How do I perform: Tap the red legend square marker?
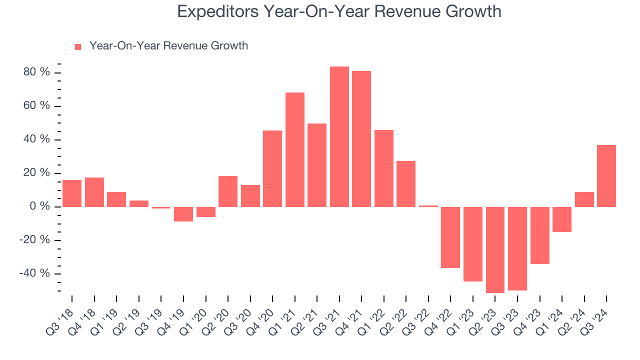pos(78,46)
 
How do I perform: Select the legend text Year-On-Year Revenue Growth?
pos(168,46)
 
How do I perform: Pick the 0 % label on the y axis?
pos(40,206)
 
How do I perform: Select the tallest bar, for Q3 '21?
pos(339,136)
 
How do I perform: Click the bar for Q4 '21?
pos(361,138)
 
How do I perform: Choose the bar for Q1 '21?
pos(294,149)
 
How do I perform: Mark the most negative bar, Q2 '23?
pos(495,249)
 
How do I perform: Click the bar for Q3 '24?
pos(606,175)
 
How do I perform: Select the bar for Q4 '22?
pos(450,237)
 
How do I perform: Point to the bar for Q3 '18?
pos(72,193)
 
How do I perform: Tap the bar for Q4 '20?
pos(272,168)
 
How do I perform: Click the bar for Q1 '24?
pos(561,219)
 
